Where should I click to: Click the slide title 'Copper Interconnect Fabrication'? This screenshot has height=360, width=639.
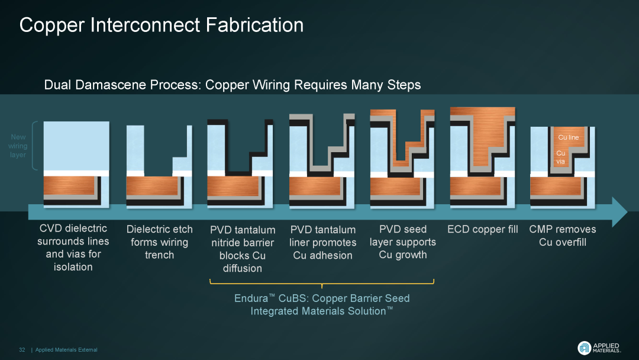pyautogui.click(x=162, y=25)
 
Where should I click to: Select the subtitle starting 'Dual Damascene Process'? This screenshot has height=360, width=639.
pyautogui.click(x=233, y=85)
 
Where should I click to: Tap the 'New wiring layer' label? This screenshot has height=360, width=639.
pyautogui.click(x=18, y=146)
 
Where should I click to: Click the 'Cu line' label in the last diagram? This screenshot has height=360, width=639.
pyautogui.click(x=568, y=137)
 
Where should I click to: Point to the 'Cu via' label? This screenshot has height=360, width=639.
pyautogui.click(x=560, y=157)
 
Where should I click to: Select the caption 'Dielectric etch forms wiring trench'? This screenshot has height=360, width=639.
pyautogui.click(x=159, y=242)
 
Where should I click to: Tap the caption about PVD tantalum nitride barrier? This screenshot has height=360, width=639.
pyautogui.click(x=243, y=249)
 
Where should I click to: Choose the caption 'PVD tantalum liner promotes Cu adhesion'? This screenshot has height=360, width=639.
pyautogui.click(x=322, y=242)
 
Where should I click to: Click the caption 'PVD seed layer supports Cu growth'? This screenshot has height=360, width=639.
pyautogui.click(x=402, y=242)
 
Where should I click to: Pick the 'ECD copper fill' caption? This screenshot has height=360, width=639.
pyautogui.click(x=482, y=229)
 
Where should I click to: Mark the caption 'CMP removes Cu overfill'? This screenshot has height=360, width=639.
pyautogui.click(x=562, y=235)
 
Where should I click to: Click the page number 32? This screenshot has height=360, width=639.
pyautogui.click(x=22, y=349)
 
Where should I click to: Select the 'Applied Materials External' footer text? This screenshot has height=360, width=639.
pyautogui.click(x=66, y=349)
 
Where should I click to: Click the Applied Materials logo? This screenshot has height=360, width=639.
pyautogui.click(x=598, y=348)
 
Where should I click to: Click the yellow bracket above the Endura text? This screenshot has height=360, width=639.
pyautogui.click(x=322, y=282)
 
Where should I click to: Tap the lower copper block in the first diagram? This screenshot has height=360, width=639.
pyautogui.click(x=70, y=187)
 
